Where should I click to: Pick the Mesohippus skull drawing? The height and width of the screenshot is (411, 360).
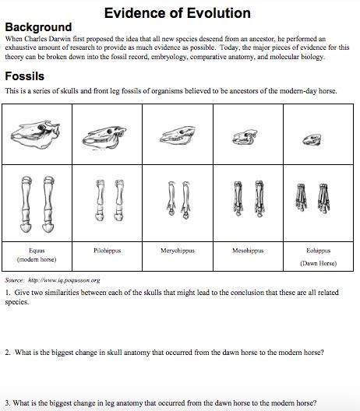(x=249, y=139)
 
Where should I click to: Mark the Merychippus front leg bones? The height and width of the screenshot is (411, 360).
(x=178, y=205)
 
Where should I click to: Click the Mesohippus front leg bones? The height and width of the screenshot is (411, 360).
(x=249, y=205)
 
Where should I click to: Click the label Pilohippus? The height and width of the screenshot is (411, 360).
(x=107, y=251)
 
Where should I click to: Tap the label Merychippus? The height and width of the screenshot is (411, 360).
(x=178, y=251)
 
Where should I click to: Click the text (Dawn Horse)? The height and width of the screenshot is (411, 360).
(x=319, y=262)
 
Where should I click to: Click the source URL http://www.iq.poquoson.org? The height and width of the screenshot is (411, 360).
(x=64, y=279)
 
